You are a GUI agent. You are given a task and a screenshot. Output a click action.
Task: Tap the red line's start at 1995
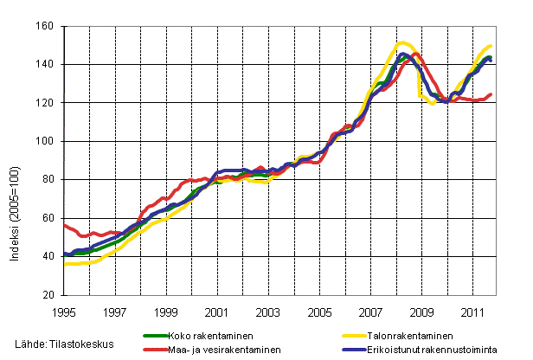(65, 225)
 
